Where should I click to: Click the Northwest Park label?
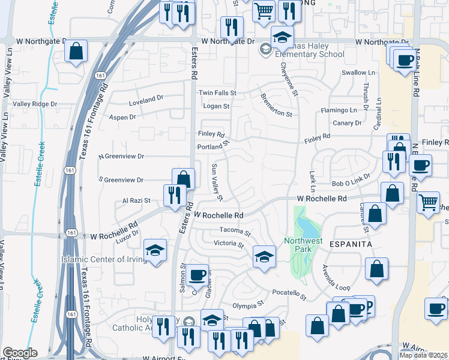click(x=303, y=245)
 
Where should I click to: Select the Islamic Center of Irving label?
click(x=103, y=259)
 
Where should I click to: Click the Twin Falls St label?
click(x=218, y=93)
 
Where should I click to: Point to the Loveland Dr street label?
click(x=146, y=99)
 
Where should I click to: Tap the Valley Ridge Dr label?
click(x=35, y=104)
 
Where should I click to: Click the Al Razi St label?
click(x=136, y=201)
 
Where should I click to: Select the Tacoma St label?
click(x=235, y=230)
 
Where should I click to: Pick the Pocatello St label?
click(x=289, y=295)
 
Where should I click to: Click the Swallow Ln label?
click(x=358, y=73)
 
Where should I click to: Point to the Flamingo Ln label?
click(x=339, y=110)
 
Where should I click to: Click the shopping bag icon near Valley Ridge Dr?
click(x=76, y=52)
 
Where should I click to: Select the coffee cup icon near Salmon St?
click(x=197, y=275)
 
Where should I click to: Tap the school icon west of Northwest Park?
click(x=264, y=257)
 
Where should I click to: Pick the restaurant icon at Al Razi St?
click(x=175, y=195)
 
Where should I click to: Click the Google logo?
click(x=20, y=353)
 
